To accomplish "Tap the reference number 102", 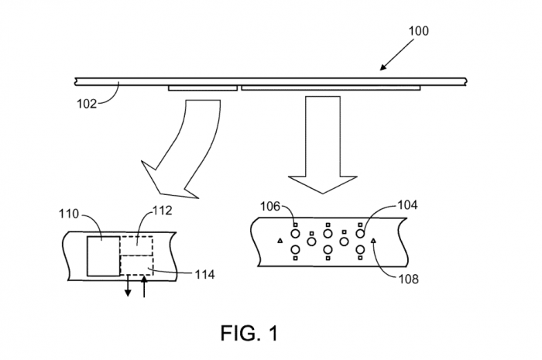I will tap(87, 101).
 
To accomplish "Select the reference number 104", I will tap(409, 205).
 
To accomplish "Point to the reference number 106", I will tap(269, 205).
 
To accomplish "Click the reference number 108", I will tap(409, 279).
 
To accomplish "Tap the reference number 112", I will tap(163, 210).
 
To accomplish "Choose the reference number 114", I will tap(205, 274).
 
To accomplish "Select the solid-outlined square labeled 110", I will tap(102, 255).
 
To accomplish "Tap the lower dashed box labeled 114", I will tap(136, 267).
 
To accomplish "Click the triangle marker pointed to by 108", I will tap(374, 242).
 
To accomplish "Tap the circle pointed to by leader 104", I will tap(360, 232).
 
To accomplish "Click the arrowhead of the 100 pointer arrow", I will tap(382, 69).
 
